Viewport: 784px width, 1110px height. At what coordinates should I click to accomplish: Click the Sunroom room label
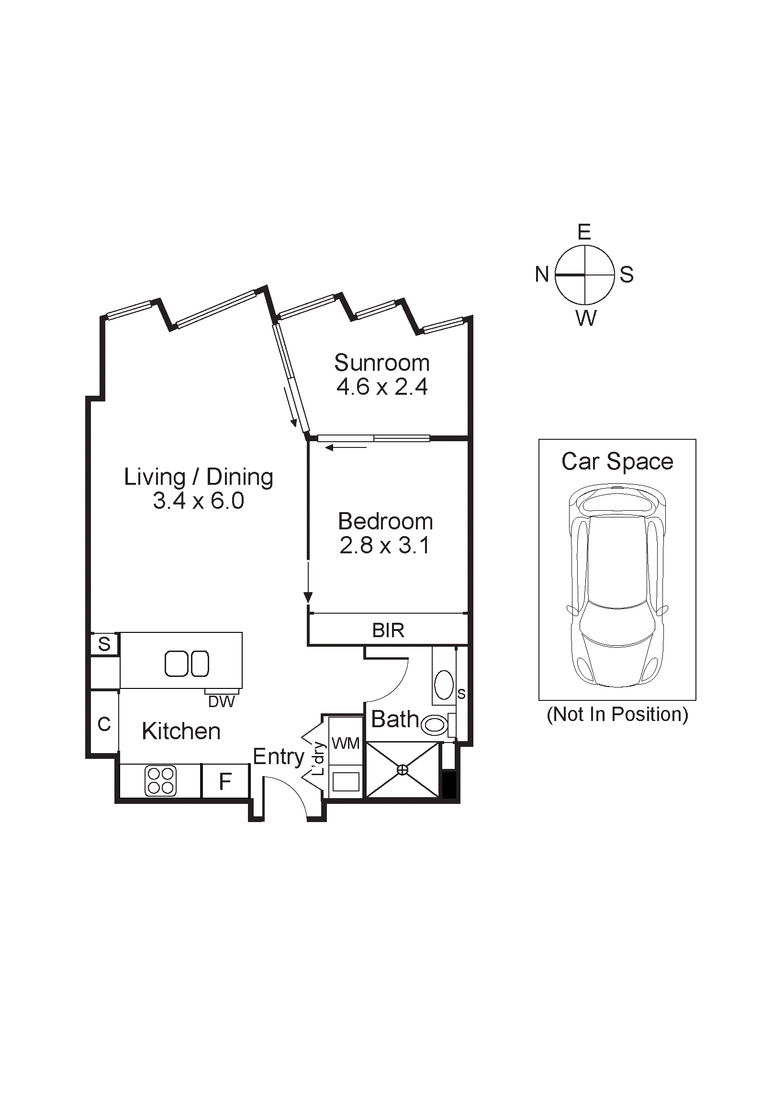[381, 363]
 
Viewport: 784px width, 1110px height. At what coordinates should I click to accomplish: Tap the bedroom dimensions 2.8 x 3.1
[384, 545]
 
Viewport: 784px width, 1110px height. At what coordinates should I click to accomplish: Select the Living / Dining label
[199, 477]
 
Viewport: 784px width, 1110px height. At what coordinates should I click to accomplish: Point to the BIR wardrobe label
[388, 630]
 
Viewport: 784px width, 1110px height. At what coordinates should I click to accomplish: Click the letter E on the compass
[584, 232]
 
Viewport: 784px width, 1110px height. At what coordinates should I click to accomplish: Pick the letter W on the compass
[586, 319]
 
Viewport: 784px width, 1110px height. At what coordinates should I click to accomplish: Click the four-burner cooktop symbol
[160, 781]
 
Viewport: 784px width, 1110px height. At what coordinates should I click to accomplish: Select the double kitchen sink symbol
[187, 664]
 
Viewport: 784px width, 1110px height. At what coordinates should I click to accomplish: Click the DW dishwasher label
[221, 701]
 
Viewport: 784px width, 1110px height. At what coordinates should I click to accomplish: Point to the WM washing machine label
[346, 743]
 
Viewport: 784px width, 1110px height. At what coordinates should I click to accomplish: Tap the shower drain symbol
[403, 770]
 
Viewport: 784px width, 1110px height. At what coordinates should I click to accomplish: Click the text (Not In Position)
[617, 715]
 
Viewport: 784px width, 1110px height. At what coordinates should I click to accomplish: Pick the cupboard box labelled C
[104, 724]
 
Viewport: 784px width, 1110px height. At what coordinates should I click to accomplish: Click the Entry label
[278, 756]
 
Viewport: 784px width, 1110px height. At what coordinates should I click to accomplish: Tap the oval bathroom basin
[443, 685]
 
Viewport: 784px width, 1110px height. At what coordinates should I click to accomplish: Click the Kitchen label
[181, 731]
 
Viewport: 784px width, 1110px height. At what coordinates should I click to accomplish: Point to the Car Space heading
[617, 462]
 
